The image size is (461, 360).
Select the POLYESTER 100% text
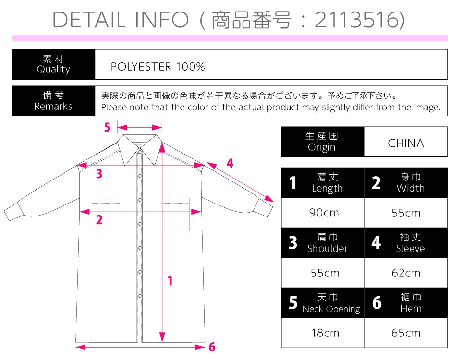[158, 67]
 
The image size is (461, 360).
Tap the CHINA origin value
[406, 143]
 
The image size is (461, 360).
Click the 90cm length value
[324, 213]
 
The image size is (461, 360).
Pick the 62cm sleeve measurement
[406, 273]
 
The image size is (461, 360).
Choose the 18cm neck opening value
[325, 333]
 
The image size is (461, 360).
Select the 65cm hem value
[406, 333]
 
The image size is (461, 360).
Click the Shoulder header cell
[323, 243]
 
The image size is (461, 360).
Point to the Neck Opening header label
[331, 309]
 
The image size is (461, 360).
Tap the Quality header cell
[53, 64]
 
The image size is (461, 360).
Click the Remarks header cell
[53, 101]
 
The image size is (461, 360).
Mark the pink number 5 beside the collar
[107, 127]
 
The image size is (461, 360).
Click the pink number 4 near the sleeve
[230, 163]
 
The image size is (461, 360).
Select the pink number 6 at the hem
[212, 347]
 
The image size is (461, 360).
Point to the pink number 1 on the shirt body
[170, 281]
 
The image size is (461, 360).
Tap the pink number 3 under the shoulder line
[99, 174]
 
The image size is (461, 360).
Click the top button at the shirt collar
[140, 152]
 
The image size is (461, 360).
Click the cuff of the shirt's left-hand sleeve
[14, 211]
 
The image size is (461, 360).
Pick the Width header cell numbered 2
[406, 182]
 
